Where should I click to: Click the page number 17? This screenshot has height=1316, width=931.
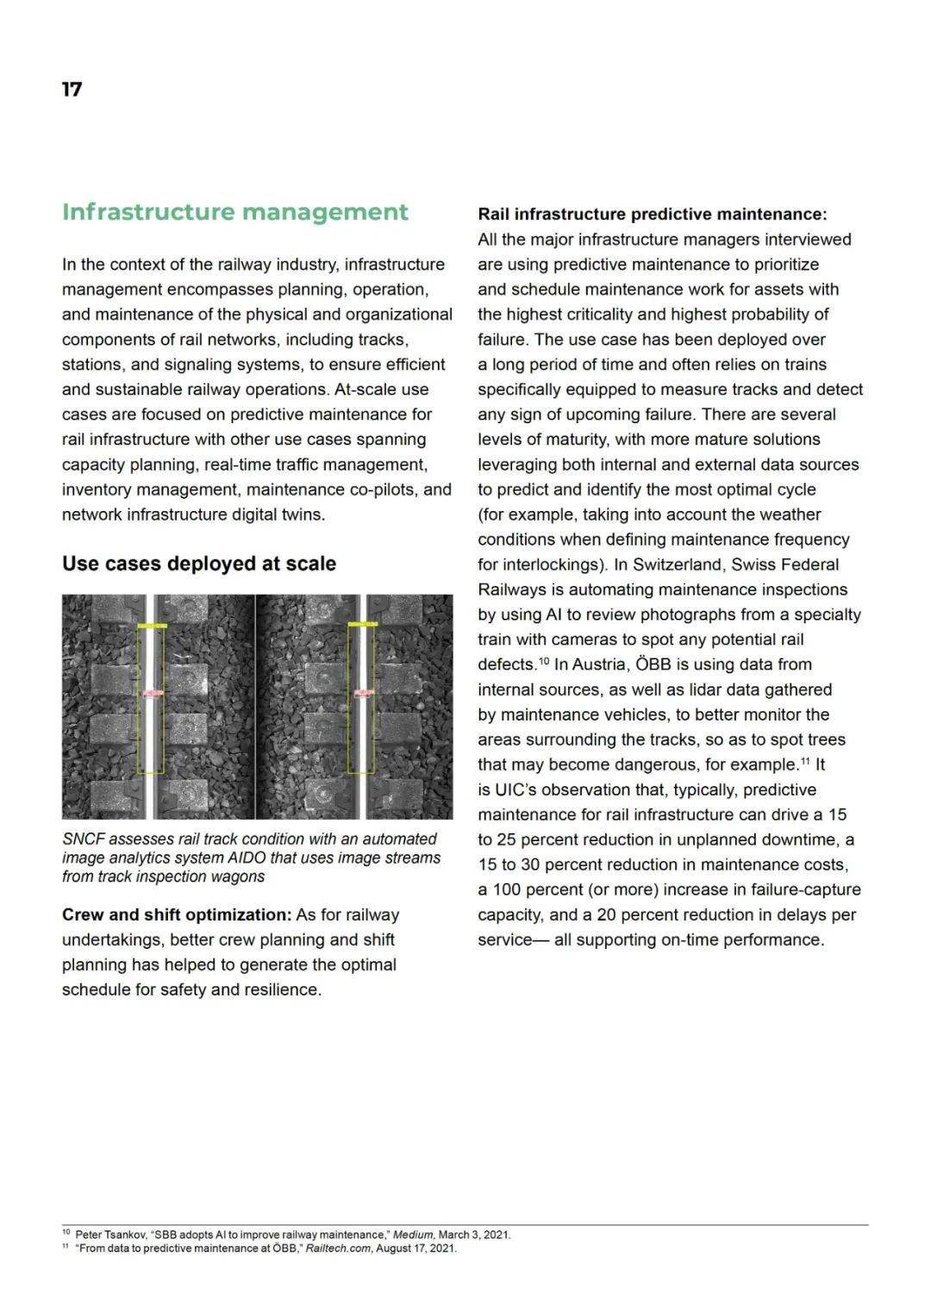tap(72, 90)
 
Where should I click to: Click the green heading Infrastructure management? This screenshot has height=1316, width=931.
tap(234, 212)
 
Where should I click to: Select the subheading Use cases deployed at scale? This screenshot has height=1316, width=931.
tap(199, 564)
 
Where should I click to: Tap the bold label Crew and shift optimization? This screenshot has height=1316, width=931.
tap(177, 914)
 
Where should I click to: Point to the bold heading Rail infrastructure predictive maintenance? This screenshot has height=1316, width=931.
tap(653, 214)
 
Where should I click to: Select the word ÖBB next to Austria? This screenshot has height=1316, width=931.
tap(653, 664)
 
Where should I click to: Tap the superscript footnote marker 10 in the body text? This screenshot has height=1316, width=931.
tap(544, 660)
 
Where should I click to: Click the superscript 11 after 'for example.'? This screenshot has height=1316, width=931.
tap(806, 760)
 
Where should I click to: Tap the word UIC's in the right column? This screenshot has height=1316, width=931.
tap(515, 789)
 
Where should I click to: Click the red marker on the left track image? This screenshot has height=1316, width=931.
tap(153, 693)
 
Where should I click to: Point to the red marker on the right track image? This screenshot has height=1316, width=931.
tap(363, 693)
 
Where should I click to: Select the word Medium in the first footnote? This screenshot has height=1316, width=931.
tap(413, 1235)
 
